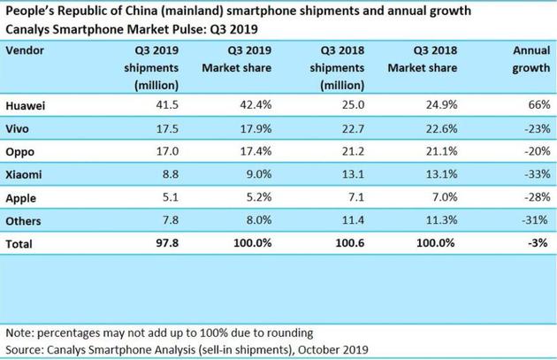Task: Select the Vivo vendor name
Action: pyautogui.click(x=21, y=128)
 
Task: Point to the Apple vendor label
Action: pyautogui.click(x=24, y=195)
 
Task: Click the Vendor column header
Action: pyautogui.click(x=27, y=50)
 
